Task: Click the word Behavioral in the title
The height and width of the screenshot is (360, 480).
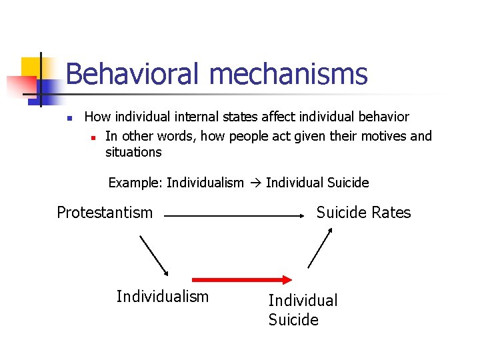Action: pos(131,74)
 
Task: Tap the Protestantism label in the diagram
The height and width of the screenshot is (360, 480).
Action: pos(105,213)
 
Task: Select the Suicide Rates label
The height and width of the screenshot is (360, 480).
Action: pos(363,213)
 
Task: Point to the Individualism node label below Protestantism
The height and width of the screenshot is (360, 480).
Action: pos(162,297)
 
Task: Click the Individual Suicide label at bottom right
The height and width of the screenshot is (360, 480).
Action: pos(303,310)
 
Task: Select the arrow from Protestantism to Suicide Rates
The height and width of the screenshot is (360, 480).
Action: pos(233,216)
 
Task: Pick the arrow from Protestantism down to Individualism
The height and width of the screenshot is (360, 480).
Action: pos(154,255)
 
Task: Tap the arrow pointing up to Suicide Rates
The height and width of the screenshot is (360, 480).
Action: pos(320,247)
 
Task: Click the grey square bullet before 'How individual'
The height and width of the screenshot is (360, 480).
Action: pos(69,119)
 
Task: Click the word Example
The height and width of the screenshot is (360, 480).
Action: pos(135,183)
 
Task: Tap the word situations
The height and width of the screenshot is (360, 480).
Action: pos(133,153)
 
